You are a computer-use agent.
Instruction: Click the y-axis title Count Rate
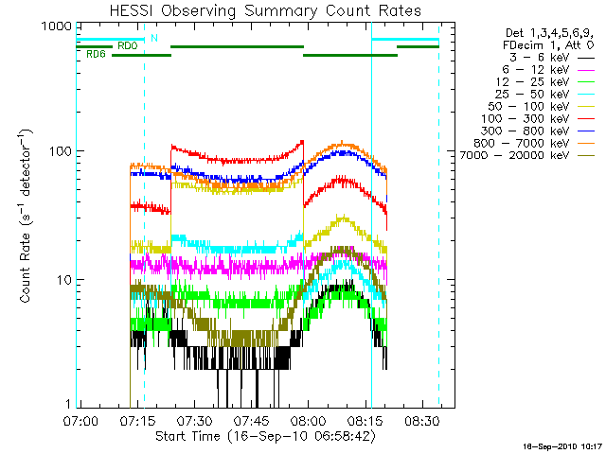pos(27,217)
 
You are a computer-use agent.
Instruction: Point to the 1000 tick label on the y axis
pos(54,26)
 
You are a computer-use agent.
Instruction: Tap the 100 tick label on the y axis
pos(58,151)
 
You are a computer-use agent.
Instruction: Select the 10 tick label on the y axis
pos(62,280)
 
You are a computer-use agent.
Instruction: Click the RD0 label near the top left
pos(127,45)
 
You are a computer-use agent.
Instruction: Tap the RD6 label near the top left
pos(96,55)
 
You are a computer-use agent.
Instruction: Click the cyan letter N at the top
pos(154,38)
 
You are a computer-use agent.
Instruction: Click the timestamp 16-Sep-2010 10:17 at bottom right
pos(562,445)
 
